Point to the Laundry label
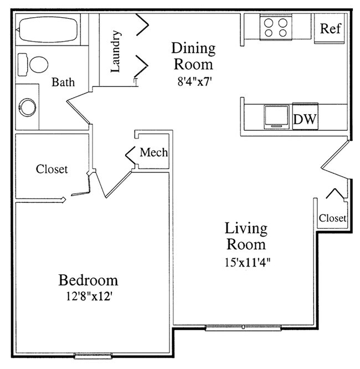coord(116,52)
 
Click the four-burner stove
coord(275,28)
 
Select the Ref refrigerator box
coord(331,28)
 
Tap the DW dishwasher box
coord(304,119)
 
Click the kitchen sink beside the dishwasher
coord(275,116)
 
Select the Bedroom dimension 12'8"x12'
coord(88,296)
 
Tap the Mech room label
coord(153,152)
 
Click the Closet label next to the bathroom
coord(52,169)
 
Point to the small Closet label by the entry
coord(332,218)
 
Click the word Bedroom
coord(88,279)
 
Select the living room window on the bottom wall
coord(243,328)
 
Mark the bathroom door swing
coord(79,107)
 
